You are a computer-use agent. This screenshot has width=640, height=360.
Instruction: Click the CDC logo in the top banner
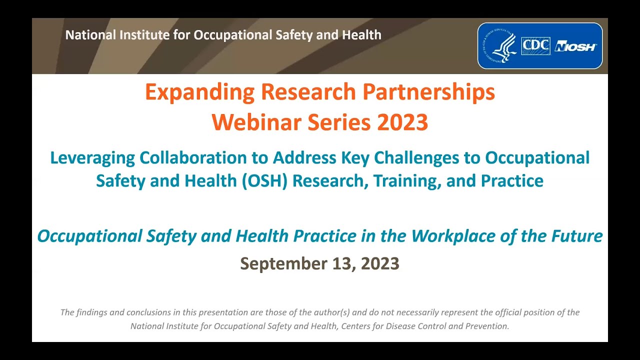(x=535, y=46)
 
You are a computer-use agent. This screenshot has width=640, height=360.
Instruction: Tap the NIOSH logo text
(x=575, y=46)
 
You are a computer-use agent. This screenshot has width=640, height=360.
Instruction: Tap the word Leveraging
(x=92, y=158)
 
